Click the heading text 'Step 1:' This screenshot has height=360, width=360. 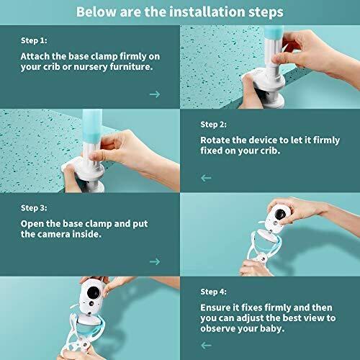point(34,40)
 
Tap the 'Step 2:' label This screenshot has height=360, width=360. point(214,125)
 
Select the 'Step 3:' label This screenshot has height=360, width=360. point(34,208)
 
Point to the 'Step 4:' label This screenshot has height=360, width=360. point(214,292)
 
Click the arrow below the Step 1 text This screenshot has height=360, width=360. point(155,94)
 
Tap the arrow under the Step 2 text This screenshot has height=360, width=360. point(206,178)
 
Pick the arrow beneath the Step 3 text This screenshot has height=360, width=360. point(155,261)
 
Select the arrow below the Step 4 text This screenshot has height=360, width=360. point(206,345)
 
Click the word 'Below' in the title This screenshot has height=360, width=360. point(96,12)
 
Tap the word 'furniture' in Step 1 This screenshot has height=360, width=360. point(130,67)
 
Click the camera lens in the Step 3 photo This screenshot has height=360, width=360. point(279,214)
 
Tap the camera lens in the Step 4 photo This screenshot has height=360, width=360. point(92,292)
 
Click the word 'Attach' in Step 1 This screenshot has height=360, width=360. point(35,56)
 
